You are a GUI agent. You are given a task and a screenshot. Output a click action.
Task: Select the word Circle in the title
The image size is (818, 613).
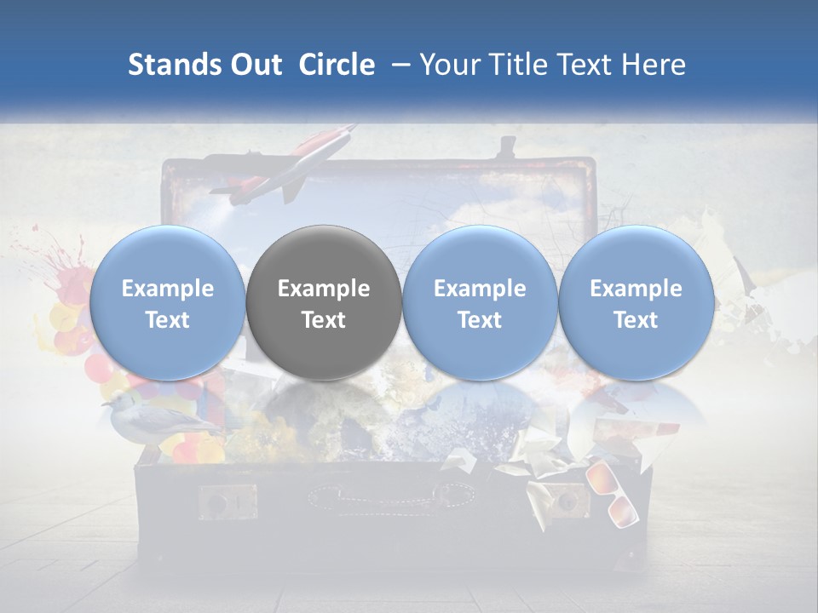click(337, 65)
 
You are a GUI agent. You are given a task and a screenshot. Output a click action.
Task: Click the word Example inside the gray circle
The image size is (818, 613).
click(323, 289)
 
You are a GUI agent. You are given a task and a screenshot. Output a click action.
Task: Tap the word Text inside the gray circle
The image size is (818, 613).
click(323, 320)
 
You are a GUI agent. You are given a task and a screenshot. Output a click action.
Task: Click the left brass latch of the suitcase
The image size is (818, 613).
click(227, 501)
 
